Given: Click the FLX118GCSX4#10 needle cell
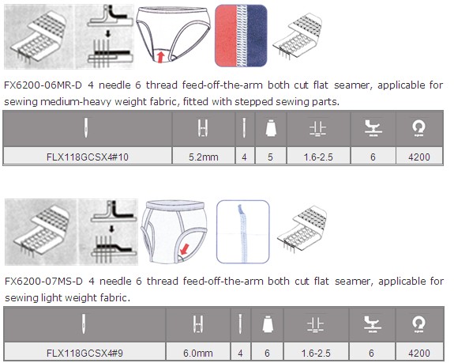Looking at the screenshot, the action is (x=88, y=157).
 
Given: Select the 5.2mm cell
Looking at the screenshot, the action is (x=203, y=157).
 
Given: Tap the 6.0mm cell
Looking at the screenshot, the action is (x=198, y=353).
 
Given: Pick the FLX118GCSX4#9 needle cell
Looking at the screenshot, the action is (x=84, y=353).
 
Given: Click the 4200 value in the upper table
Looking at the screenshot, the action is (x=419, y=157).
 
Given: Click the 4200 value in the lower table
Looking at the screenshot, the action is (x=419, y=353).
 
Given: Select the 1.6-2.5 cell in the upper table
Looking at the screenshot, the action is (x=318, y=157).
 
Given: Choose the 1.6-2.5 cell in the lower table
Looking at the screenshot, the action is (x=316, y=353).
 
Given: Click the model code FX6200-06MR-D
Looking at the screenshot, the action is (x=43, y=85).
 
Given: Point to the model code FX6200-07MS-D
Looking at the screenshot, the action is (x=43, y=282).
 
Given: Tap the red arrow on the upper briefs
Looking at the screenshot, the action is (x=160, y=56).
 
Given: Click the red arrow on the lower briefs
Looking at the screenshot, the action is (x=184, y=249).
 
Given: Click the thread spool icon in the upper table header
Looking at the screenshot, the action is (x=271, y=127).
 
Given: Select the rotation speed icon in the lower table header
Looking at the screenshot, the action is (x=418, y=324).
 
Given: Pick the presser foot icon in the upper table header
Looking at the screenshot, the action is (x=373, y=128).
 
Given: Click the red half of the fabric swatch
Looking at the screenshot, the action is (x=227, y=36).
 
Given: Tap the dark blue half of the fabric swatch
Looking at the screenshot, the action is (x=257, y=36).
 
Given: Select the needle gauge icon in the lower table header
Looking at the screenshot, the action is (x=198, y=324).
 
